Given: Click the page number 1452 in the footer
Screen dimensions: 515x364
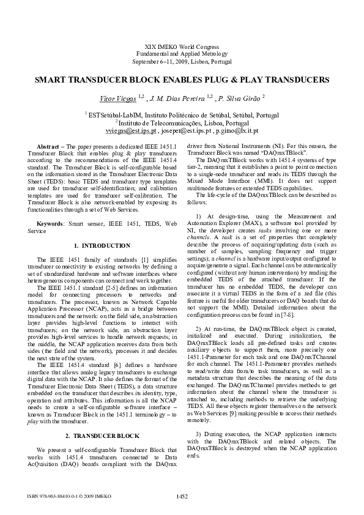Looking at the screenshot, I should [182, 496].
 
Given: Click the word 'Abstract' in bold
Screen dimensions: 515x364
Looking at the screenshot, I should [50, 147].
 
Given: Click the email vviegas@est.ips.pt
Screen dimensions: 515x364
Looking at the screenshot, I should [130, 131].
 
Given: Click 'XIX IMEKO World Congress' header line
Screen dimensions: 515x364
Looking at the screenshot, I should [182, 47].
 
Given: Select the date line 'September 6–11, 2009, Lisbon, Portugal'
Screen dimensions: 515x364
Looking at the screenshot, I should [182, 62].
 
